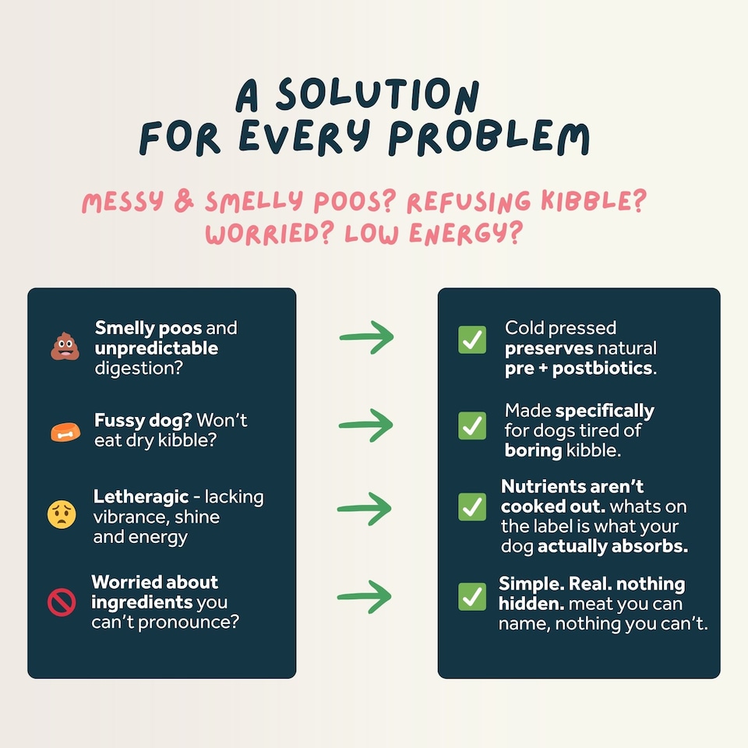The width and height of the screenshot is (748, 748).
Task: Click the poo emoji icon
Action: [65, 347]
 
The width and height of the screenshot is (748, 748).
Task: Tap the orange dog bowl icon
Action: [65, 432]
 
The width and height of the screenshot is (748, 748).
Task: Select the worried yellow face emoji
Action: [62, 514]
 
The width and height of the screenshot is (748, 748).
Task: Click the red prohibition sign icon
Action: [62, 602]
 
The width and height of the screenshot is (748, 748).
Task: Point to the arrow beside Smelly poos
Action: [366, 337]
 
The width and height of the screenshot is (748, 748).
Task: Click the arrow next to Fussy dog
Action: [366, 425]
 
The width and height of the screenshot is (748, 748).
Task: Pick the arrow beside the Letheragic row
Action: [365, 509]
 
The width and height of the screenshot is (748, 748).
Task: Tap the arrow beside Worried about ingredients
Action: [365, 597]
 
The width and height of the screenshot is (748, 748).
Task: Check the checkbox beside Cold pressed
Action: [472, 340]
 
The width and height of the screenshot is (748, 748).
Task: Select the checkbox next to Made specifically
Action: [472, 425]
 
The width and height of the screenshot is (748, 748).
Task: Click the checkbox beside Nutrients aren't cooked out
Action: [472, 506]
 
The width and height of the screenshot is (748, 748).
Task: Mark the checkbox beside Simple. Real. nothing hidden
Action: [472, 596]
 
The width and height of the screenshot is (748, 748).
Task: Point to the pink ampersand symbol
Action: [184, 201]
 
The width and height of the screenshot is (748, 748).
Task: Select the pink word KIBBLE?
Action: [594, 200]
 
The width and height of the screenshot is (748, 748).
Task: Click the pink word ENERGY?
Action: [466, 234]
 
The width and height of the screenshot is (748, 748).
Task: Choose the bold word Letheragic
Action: [141, 496]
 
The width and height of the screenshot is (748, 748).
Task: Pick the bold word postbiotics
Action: [602, 369]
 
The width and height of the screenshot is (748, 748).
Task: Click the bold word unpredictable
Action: [157, 348]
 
